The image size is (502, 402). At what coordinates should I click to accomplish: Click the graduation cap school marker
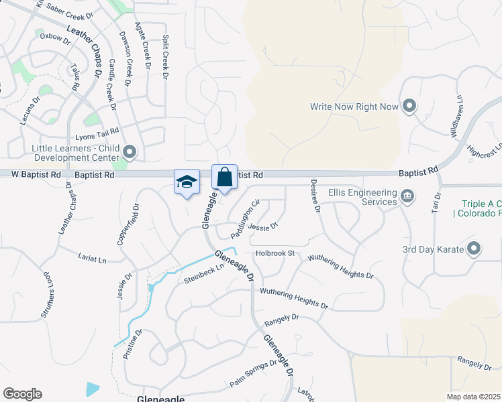click(187, 182)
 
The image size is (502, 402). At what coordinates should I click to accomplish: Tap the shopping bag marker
click(225, 178)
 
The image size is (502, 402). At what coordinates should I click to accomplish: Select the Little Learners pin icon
click(130, 153)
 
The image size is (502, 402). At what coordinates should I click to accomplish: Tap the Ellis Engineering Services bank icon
click(407, 196)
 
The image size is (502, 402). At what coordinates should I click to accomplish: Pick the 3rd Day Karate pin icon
click(474, 249)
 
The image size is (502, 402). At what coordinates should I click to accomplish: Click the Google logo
click(22, 394)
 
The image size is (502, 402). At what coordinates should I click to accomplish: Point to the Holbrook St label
click(275, 253)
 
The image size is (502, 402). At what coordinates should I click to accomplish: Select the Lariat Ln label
click(92, 259)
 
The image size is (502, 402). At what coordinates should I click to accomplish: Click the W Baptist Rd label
click(36, 174)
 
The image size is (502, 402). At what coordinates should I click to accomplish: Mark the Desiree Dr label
click(314, 196)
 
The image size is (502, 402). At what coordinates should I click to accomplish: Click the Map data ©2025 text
click(473, 397)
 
